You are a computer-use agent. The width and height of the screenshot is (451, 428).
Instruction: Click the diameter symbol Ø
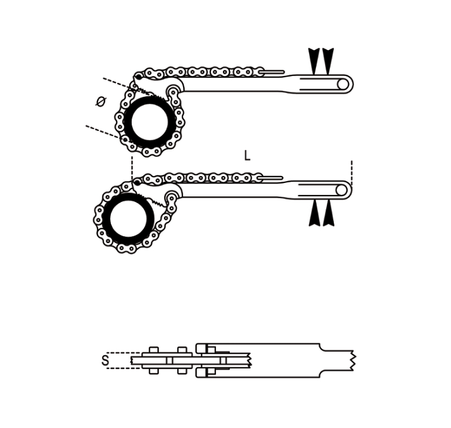point(101,101)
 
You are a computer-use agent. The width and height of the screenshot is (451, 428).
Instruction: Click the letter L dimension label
point(247,156)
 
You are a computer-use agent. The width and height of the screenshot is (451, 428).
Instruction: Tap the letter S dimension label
point(106,360)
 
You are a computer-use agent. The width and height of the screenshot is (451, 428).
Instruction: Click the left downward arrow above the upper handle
point(314,61)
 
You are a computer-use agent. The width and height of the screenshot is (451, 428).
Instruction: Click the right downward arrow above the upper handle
point(328,61)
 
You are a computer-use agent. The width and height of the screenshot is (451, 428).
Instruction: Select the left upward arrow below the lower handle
point(314,213)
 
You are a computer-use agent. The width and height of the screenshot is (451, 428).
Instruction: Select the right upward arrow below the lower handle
point(328,213)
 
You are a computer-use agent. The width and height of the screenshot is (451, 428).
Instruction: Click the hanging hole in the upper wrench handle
point(342,84)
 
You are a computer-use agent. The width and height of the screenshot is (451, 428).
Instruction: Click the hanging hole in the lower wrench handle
point(341,191)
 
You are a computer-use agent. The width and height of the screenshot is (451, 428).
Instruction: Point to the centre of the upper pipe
point(149,122)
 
